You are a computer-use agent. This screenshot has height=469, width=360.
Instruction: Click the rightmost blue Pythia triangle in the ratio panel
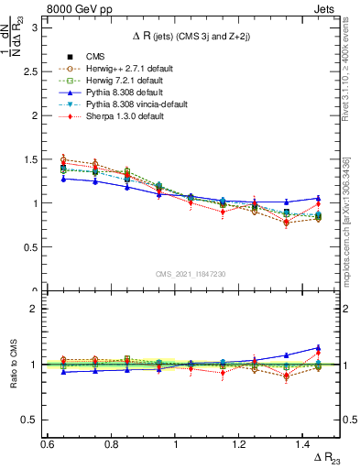[x=318, y=348]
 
